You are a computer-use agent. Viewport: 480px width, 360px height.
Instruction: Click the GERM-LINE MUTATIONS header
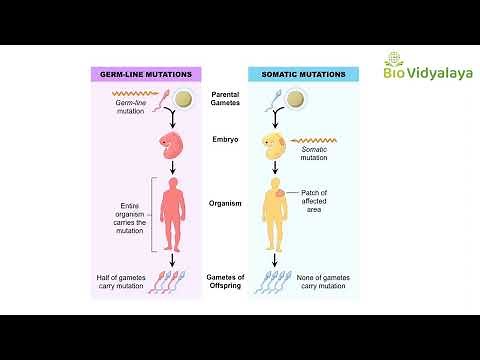146,74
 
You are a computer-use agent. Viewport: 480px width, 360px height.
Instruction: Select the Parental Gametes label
226,101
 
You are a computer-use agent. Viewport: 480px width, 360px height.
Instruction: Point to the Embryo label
226,142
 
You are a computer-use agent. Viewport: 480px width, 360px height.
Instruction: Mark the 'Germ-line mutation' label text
129,110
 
